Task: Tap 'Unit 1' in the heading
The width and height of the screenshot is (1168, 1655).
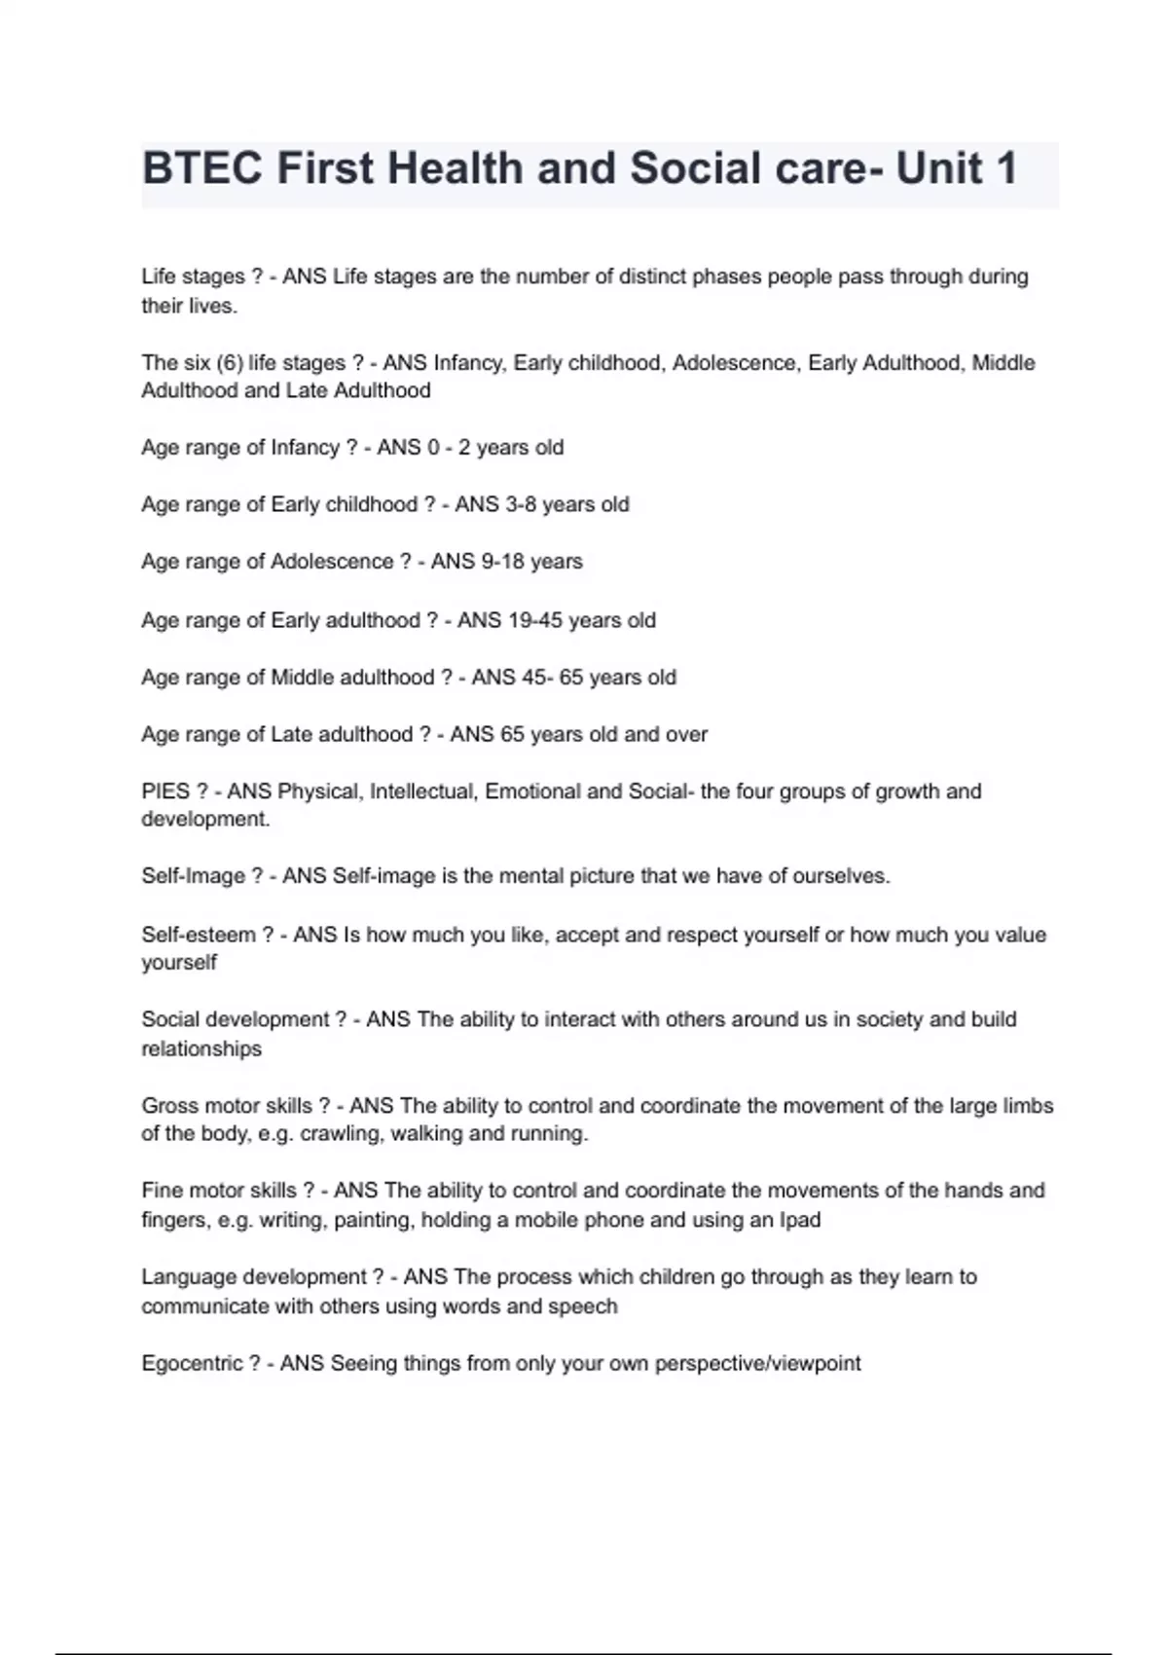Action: coord(956,168)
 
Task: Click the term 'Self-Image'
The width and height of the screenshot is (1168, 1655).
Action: coord(194,876)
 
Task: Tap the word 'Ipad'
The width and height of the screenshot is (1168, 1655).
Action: coord(799,1220)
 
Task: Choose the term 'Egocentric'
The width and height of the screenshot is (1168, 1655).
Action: coord(192,1363)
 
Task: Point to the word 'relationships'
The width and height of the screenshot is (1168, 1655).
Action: coord(201,1049)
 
